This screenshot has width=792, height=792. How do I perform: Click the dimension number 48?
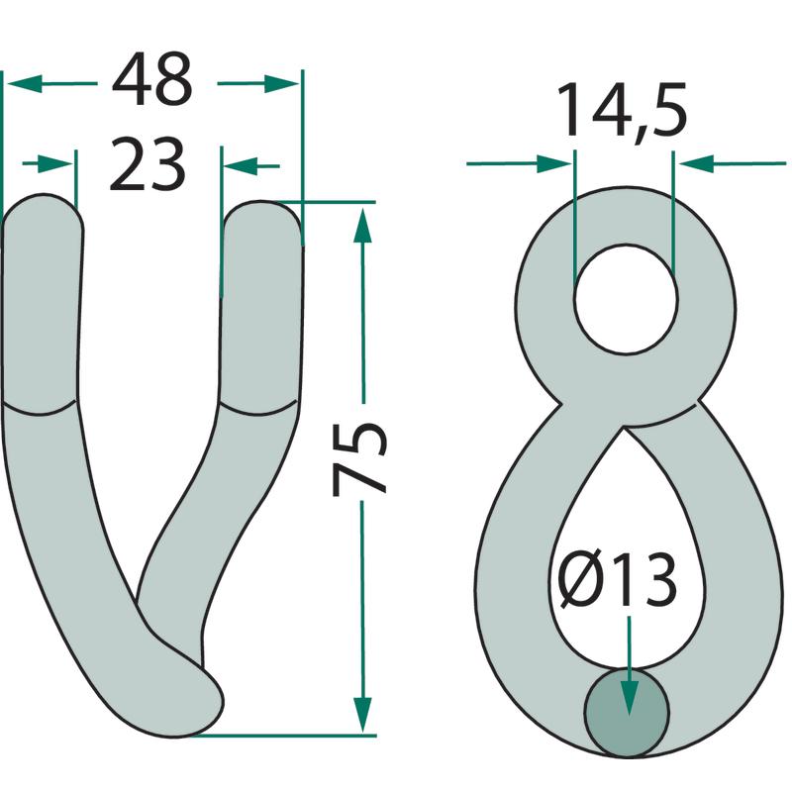[x=151, y=79]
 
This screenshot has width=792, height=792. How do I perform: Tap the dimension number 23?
[x=147, y=164]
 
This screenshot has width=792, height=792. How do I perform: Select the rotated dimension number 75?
[x=359, y=458]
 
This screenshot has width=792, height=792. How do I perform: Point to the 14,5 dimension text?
[x=622, y=111]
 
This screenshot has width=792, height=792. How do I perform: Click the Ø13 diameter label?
[x=618, y=579]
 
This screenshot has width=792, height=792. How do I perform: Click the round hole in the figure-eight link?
[x=626, y=299]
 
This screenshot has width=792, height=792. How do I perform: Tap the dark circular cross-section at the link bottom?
[x=627, y=713]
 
